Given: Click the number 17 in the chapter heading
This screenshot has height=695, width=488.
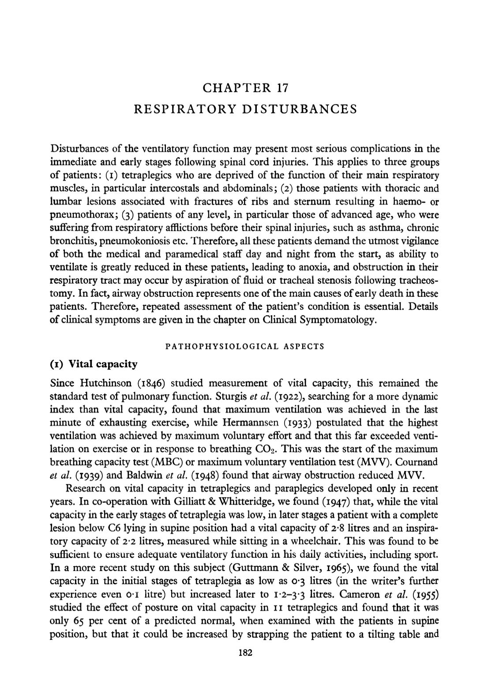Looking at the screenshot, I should [x=282, y=87].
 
